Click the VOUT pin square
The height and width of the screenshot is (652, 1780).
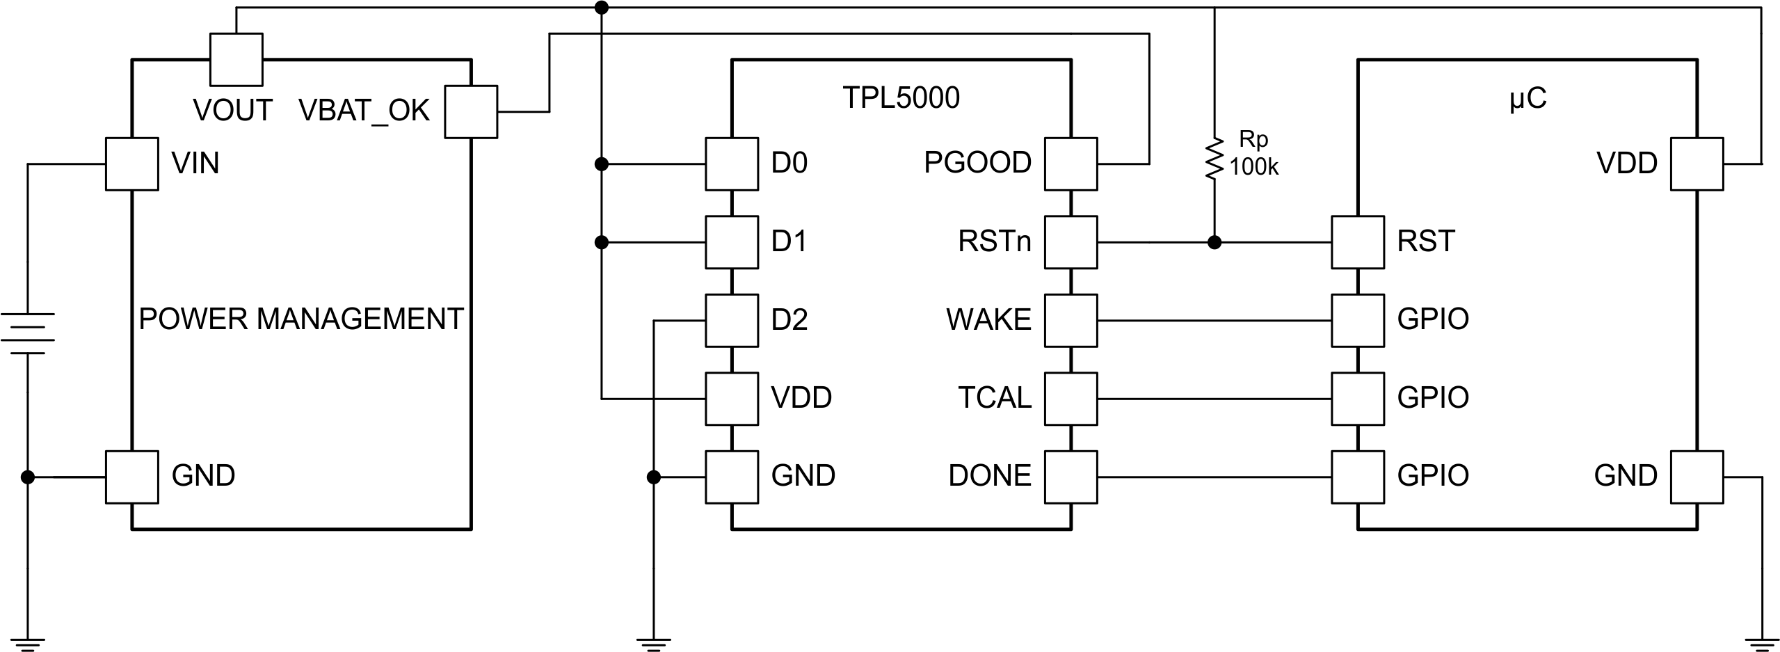[x=236, y=60]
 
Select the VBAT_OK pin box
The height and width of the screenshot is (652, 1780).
[x=471, y=111]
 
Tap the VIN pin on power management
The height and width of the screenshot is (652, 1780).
[x=131, y=164]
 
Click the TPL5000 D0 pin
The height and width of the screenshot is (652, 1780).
[x=731, y=164]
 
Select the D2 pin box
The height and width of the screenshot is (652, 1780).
[x=731, y=320]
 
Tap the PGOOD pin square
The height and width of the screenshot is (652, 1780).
[x=1071, y=164]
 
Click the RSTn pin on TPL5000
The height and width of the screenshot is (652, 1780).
[x=1071, y=242]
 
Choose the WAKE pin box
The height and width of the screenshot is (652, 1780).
[x=1071, y=320]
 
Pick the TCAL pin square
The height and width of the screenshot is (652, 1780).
[x=1071, y=399]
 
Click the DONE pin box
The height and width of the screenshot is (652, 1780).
[x=1071, y=477]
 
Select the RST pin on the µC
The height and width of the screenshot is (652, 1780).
[x=1358, y=242]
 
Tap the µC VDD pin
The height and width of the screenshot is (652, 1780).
[x=1697, y=164]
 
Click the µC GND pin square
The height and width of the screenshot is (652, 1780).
[x=1697, y=477]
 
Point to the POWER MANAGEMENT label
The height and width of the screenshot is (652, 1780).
[x=301, y=319]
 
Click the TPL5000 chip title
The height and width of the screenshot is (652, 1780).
[x=901, y=100]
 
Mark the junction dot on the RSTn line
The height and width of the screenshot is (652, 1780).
[x=1214, y=243]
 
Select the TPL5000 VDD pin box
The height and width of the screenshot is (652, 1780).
[x=731, y=399]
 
